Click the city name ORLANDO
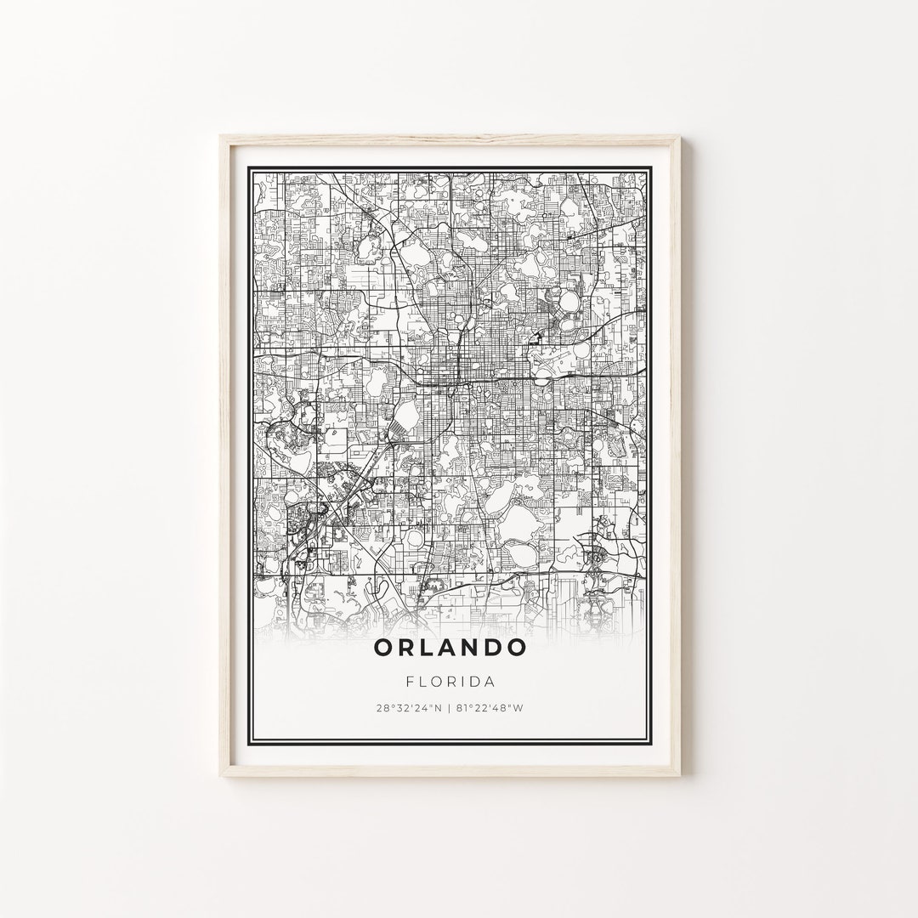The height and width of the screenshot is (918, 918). (450, 647)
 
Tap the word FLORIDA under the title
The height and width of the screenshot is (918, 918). (450, 681)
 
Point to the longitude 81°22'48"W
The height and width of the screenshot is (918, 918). (490, 708)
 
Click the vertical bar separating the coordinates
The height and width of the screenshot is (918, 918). (450, 708)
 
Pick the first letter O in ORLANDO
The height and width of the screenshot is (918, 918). (383, 647)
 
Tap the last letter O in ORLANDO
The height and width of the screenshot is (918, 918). (516, 647)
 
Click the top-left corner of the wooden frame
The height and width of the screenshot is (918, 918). (220, 136)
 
